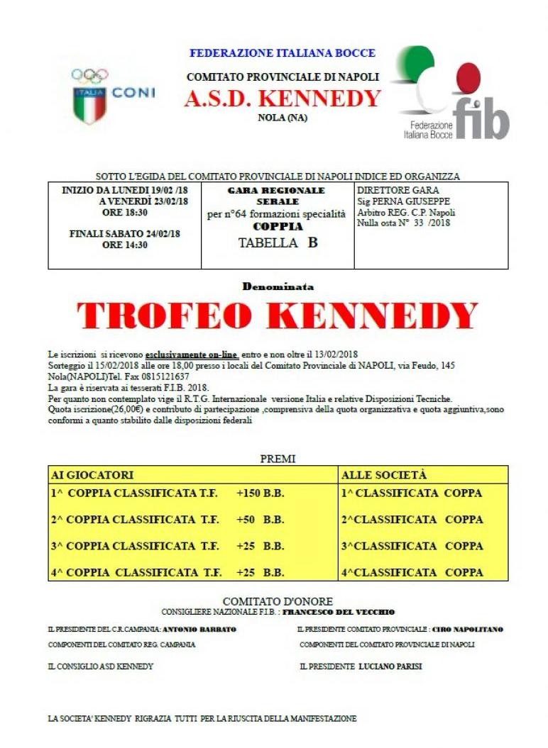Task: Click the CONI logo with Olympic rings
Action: point(111,95)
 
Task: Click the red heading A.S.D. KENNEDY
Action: point(282,99)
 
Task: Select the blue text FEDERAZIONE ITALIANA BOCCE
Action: point(282,53)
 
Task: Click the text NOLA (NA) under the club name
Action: point(282,118)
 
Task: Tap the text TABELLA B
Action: point(278,242)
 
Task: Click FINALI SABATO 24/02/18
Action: point(125,233)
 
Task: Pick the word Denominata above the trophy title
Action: point(278,287)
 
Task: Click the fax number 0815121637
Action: point(165,376)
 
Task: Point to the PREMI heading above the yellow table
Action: point(278,459)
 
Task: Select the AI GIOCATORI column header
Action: point(92,474)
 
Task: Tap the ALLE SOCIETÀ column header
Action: point(384,474)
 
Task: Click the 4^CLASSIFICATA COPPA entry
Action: point(412,571)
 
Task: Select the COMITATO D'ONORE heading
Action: point(278,601)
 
